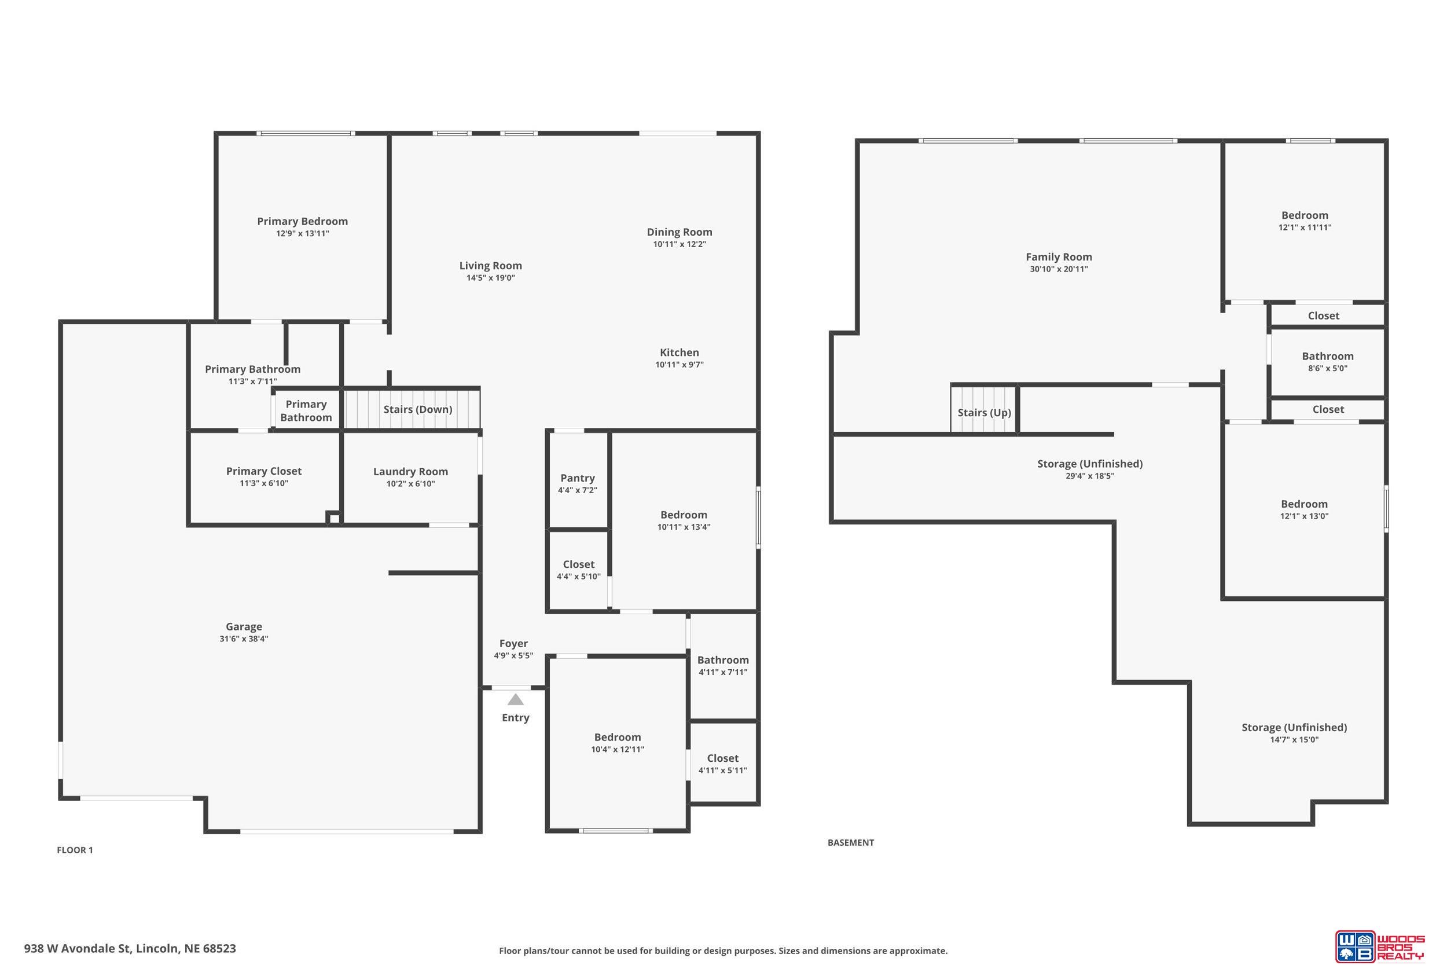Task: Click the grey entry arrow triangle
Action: [x=516, y=700]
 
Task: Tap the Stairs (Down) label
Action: [x=418, y=409]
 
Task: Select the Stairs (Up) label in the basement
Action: [x=985, y=412]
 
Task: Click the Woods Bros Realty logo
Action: [x=1379, y=946]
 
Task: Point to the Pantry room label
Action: [x=578, y=478]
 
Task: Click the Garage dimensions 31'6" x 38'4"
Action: [x=244, y=639]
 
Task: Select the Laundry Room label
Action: [x=410, y=471]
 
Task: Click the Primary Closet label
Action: [x=264, y=471]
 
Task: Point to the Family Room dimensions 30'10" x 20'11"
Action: [x=1059, y=269]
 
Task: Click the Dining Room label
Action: [x=679, y=232]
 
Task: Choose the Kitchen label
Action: [x=679, y=353]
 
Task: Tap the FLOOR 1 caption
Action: [x=75, y=850]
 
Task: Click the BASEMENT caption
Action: [x=851, y=842]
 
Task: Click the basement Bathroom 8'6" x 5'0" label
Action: [x=1328, y=362]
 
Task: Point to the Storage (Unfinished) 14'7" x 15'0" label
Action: [x=1294, y=733]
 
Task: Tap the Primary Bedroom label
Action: [x=302, y=222]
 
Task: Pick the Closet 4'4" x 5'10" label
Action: [x=578, y=570]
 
